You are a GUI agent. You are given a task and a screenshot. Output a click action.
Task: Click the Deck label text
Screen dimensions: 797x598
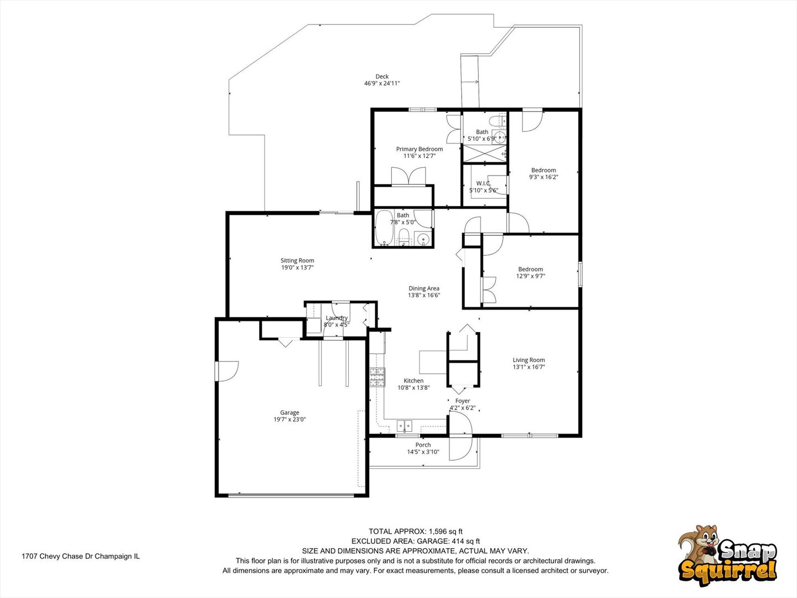382,76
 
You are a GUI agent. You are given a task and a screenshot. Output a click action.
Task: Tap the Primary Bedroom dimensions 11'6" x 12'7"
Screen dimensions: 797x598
419,156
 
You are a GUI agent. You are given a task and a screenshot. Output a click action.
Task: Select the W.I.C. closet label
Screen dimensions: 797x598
483,183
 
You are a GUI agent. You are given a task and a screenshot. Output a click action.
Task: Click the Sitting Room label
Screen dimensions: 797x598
297,260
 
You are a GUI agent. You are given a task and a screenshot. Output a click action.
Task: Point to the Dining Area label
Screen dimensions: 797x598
424,288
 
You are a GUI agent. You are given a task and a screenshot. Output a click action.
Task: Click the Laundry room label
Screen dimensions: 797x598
337,318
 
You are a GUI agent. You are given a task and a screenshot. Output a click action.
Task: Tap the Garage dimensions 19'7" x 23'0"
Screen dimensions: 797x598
289,420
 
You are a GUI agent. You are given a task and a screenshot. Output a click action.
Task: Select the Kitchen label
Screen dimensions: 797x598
413,380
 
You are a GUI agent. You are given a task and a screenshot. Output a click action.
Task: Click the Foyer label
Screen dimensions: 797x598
462,401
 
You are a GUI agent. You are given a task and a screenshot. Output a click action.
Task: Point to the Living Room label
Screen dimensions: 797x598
529,360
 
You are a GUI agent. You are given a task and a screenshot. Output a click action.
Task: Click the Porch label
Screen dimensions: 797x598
423,445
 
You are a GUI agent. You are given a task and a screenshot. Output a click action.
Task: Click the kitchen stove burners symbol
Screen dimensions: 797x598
377,377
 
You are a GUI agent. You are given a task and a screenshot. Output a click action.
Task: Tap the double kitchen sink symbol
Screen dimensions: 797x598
405,426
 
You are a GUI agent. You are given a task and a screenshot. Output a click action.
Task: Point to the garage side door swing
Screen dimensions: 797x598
227,370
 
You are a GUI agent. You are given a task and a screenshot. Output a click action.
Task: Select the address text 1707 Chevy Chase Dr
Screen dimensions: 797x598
80,556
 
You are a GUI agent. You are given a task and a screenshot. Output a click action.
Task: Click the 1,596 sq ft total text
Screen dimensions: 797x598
416,532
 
